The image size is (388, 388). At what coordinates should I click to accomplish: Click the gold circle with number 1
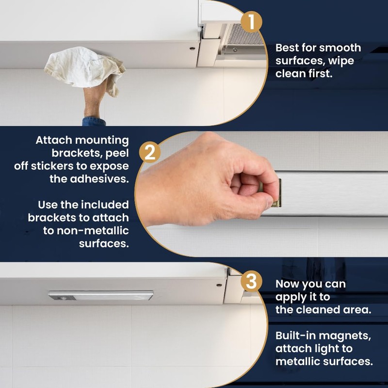point(252,21)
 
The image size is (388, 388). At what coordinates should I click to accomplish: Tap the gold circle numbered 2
point(150,153)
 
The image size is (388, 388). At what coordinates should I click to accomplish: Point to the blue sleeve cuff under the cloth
point(94,121)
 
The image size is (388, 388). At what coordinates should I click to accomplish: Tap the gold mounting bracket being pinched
point(275,193)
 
